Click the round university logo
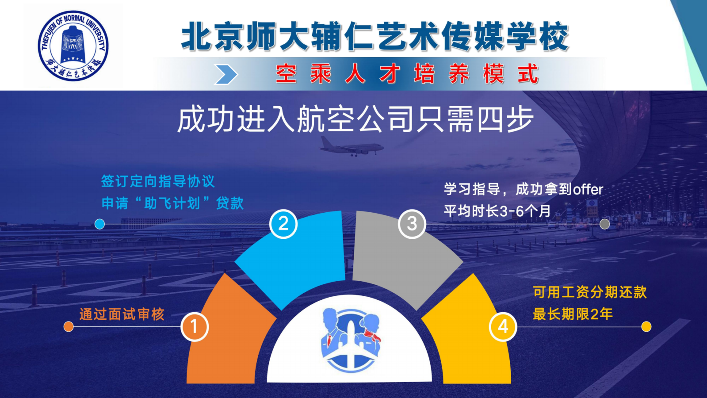coord(73,46)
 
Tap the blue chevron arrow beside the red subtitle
coord(226,74)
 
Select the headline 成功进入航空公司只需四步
coord(355,119)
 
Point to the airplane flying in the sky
coord(352,146)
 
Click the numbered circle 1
coord(195,327)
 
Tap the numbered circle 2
coord(283,224)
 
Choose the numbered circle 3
coord(412,224)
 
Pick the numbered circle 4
coord(503,327)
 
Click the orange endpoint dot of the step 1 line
coord(69,327)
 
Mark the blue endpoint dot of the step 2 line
coord(100,224)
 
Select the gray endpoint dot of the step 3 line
coord(604,224)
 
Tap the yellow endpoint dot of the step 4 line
coord(646,327)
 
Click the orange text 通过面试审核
coord(122,314)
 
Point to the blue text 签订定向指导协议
coord(158,181)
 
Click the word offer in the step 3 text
coord(588,190)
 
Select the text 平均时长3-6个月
coord(497,211)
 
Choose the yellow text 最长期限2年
coord(573,314)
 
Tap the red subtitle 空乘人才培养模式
coord(407,74)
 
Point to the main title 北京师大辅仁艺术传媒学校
coord(375,36)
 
